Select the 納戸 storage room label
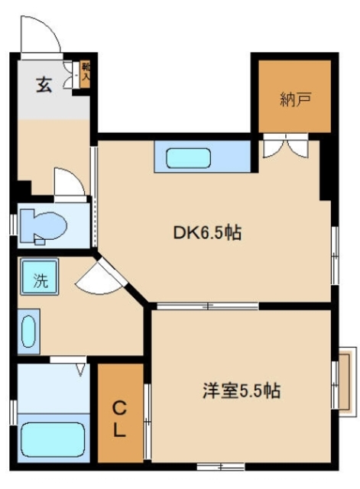(294, 99)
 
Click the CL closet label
(120, 419)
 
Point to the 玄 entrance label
(44, 84)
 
